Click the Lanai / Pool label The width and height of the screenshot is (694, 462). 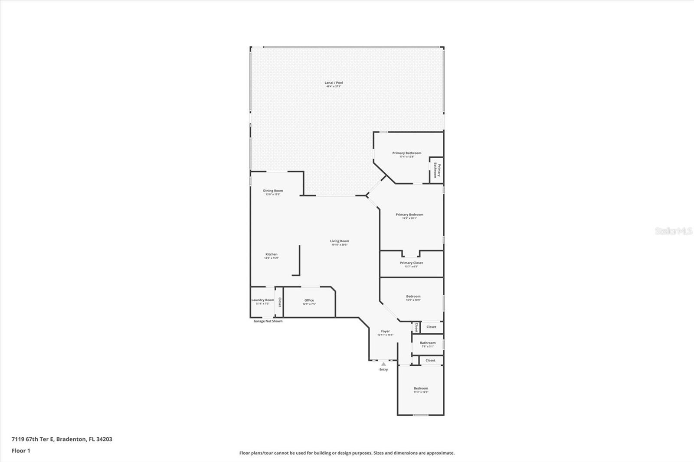tap(334, 83)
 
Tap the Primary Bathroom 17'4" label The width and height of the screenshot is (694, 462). tap(406, 153)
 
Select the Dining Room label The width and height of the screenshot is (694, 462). tap(273, 191)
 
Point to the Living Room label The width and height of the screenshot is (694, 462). tap(339, 241)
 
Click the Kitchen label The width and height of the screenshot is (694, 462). tap(271, 255)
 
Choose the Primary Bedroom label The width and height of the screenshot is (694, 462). tap(409, 215)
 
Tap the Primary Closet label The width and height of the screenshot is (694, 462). tap(411, 263)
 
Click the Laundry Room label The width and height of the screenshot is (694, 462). tap(263, 300)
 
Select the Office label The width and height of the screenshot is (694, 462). tap(309, 301)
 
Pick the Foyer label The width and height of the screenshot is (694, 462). tap(385, 332)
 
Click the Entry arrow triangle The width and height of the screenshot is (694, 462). tap(383, 364)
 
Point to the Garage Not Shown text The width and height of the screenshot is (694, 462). tap(268, 321)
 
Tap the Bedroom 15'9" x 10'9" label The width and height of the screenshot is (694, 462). tap(413, 297)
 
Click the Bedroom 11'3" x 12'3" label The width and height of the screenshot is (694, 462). tap(421, 389)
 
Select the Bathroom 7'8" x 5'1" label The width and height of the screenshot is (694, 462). tap(427, 343)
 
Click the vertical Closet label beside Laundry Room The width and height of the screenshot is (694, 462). tap(280, 302)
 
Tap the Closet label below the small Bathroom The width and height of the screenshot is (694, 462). tap(430, 361)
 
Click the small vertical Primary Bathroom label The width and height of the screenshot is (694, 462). tap(437, 170)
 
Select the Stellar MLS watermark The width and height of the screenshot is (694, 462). tap(673, 231)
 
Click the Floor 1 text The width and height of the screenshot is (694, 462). tap(21, 451)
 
